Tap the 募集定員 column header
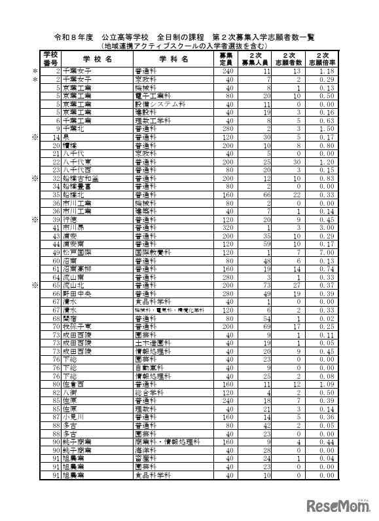click(225, 58)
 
